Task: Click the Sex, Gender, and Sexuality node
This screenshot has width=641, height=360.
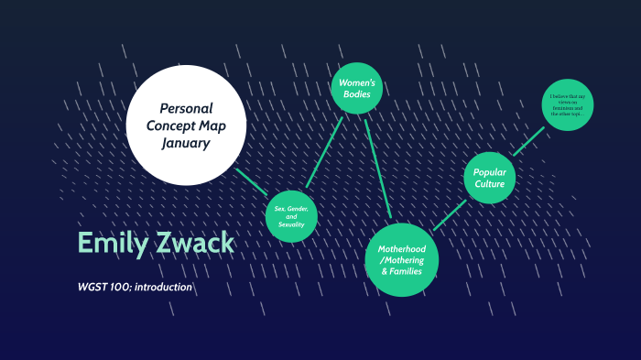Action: pyautogui.click(x=291, y=216)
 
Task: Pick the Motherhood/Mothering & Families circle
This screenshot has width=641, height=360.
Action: pyautogui.click(x=402, y=257)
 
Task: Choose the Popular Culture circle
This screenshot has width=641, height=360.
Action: pyautogui.click(x=490, y=177)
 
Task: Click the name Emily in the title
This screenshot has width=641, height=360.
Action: pyautogui.click(x=111, y=244)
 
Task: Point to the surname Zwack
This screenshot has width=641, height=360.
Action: pyautogui.click(x=192, y=244)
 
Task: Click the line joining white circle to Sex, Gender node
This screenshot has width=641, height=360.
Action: pyautogui.click(x=251, y=181)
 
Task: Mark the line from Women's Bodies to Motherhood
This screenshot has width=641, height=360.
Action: pyautogui.click(x=378, y=168)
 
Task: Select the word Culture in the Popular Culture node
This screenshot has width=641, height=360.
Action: pyautogui.click(x=490, y=184)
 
